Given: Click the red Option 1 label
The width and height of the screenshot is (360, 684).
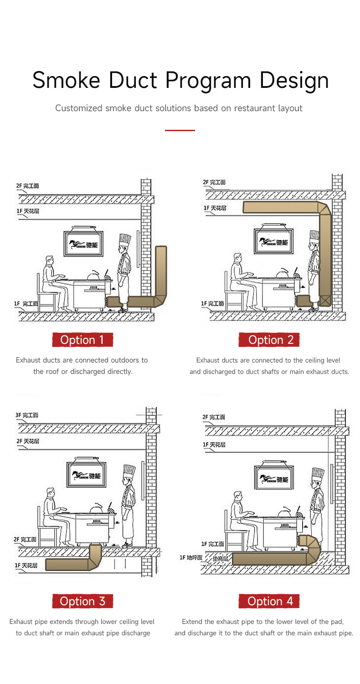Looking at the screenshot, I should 82,340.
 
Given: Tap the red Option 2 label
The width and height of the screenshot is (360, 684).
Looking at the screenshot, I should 269,340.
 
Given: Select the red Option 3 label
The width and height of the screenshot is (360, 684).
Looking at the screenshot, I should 82,601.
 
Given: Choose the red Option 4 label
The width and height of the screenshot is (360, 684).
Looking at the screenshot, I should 269,601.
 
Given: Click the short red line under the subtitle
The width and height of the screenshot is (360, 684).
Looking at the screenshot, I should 180,130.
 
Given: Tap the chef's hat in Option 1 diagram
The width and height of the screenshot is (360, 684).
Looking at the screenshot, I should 124,240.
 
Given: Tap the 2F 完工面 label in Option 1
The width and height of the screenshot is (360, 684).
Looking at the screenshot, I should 27,186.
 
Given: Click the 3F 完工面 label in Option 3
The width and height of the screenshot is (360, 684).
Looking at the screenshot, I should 27,415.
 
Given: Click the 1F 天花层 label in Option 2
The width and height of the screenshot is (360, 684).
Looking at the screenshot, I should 215,208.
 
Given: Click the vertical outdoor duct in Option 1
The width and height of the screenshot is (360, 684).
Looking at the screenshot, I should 161,271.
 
